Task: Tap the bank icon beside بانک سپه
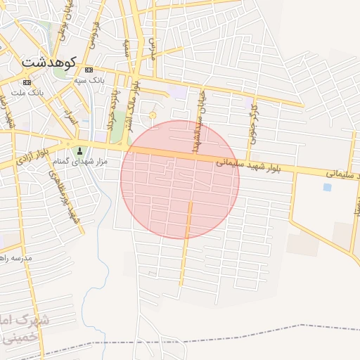click(89, 70)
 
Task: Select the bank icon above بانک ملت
click(27, 82)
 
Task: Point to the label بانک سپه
click(89, 80)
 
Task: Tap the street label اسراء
click(69, 112)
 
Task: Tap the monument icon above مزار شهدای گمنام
click(79, 151)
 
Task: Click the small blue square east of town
click(327, 187)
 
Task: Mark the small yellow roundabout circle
click(153, 115)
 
